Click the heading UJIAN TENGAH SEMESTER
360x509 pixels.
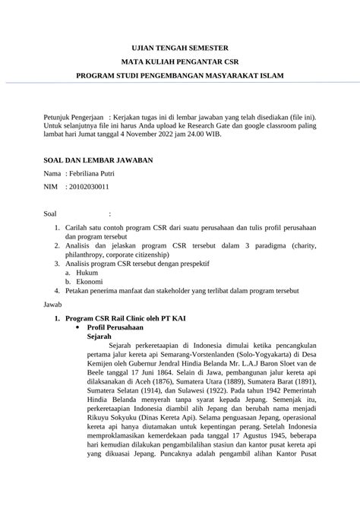179,46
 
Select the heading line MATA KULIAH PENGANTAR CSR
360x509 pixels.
179,61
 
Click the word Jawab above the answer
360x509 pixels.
54,304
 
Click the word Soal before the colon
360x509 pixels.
52,214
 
